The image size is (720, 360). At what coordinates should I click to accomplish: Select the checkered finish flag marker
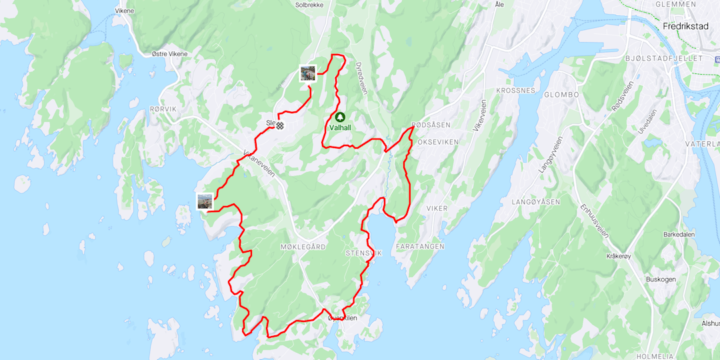[281, 125]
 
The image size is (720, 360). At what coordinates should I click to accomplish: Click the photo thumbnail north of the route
[307, 73]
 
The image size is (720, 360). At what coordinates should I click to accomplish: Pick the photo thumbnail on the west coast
[205, 201]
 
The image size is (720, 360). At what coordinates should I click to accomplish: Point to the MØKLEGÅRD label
[303, 247]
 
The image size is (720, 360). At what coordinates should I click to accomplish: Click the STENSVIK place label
[363, 253]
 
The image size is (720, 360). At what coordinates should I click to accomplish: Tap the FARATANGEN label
[420, 247]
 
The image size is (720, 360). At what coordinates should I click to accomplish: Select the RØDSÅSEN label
[431, 125]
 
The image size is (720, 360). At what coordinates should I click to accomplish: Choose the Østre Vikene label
[169, 54]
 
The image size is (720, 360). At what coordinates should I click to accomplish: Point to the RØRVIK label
[163, 109]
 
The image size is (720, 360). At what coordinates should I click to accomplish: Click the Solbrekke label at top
[309, 5]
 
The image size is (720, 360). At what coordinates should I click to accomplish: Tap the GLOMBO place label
[561, 95]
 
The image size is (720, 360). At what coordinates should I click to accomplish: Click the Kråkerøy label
[618, 256]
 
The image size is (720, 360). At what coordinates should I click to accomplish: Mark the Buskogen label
[660, 279]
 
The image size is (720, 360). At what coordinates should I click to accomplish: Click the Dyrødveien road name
[361, 79]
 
